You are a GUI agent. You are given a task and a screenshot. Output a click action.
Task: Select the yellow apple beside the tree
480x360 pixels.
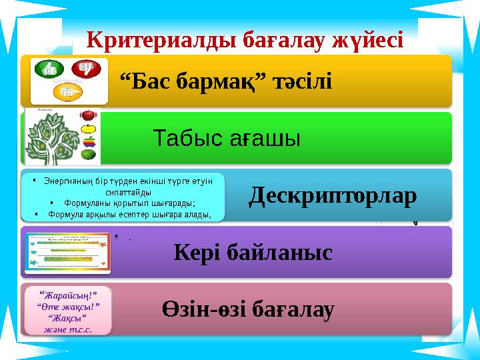89,129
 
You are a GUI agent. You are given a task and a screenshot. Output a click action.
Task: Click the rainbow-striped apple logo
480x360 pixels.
89,141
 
